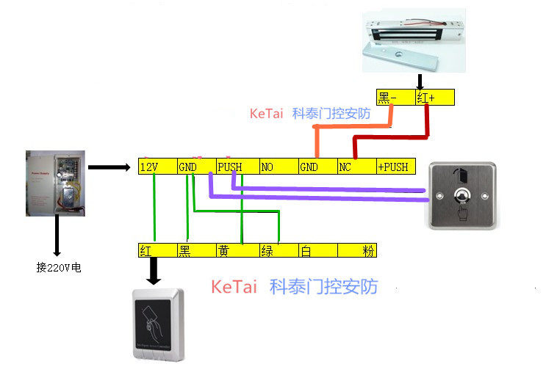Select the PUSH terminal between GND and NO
237,167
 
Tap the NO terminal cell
278,167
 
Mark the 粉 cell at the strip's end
357,250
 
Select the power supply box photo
56,183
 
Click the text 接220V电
58,267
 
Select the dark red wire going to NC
389,136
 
